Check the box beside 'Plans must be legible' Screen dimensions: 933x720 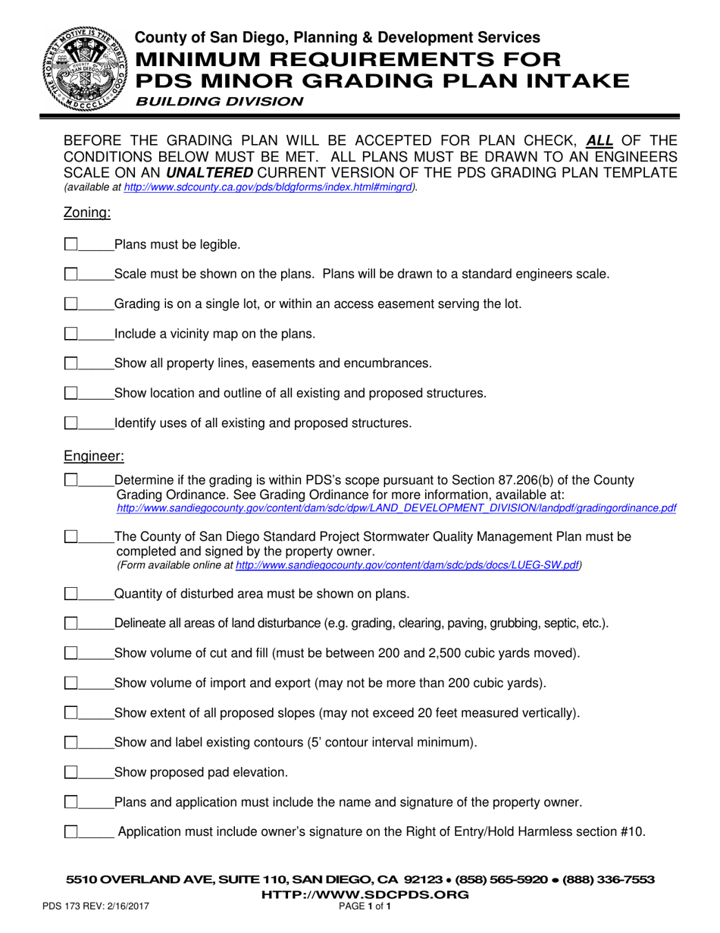[x=71, y=244]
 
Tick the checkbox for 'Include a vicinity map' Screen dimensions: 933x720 [x=71, y=334]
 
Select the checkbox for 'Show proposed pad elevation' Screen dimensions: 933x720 [x=71, y=772]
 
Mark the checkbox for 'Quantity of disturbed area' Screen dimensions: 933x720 [x=71, y=592]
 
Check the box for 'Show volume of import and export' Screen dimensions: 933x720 [x=71, y=683]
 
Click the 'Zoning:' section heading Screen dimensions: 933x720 [x=87, y=213]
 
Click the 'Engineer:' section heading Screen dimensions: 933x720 [x=94, y=456]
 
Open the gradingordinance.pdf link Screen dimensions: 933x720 [x=396, y=507]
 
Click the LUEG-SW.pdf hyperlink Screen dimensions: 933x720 [x=408, y=565]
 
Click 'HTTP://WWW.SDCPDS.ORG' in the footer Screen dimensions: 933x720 [x=365, y=894]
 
